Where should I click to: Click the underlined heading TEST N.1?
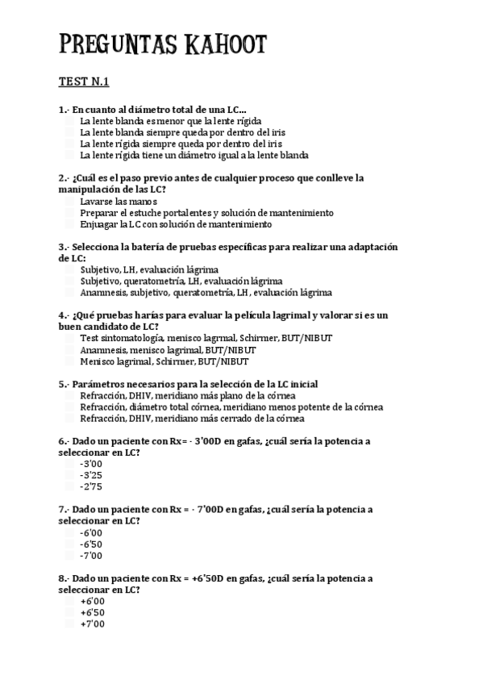(84, 81)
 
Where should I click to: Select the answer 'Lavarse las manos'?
(119, 201)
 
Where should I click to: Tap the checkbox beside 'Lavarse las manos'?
(69, 201)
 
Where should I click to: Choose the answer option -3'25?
(91, 475)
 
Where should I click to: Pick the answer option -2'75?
(91, 486)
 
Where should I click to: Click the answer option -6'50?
(91, 544)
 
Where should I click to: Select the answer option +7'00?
(92, 624)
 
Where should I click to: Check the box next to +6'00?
(69, 602)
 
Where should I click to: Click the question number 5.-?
(65, 385)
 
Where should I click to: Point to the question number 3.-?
(65, 247)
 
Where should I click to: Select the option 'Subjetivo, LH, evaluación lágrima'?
(149, 269)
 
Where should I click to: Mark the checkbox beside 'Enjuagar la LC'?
(69, 223)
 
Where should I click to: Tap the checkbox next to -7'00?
(69, 556)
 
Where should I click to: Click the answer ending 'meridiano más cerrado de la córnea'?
(192, 419)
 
